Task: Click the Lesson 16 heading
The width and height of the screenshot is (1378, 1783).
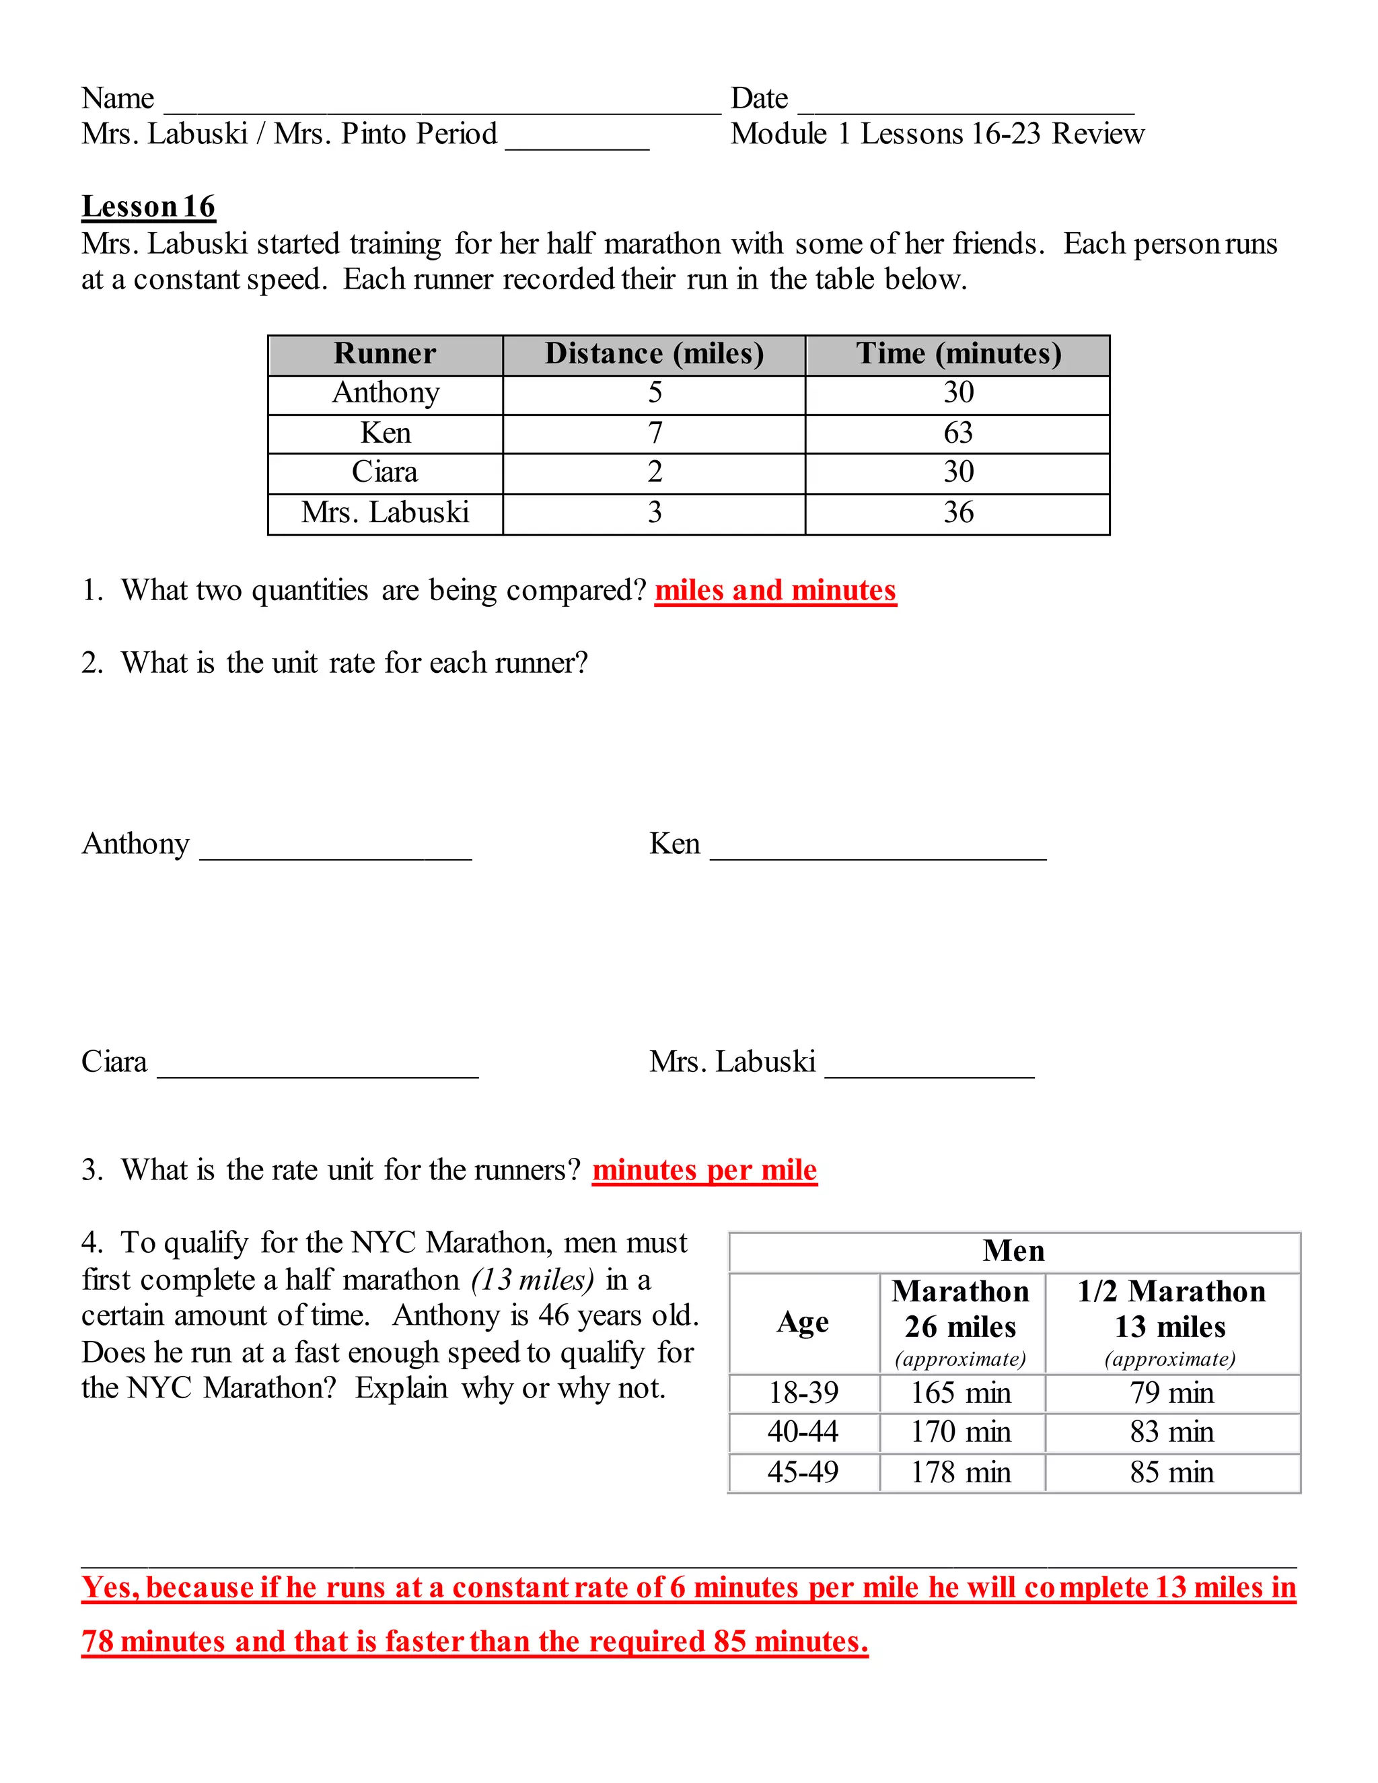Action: [x=148, y=207]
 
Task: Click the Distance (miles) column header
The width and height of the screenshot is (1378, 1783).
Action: [x=654, y=353]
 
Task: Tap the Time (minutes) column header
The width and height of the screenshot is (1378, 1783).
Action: [x=958, y=353]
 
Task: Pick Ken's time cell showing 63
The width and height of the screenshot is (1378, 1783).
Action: [x=958, y=433]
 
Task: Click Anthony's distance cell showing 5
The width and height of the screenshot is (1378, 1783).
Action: [x=655, y=393]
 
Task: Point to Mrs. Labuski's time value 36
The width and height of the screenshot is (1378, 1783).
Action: [x=958, y=513]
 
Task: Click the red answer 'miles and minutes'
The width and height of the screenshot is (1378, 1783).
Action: [x=776, y=590]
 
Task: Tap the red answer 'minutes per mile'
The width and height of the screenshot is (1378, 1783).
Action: [x=704, y=1170]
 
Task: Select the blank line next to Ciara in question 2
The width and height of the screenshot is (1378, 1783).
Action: [x=318, y=1068]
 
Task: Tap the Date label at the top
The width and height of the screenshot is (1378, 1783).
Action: [x=759, y=99]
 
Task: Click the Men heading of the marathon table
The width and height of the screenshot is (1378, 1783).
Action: [x=1013, y=1251]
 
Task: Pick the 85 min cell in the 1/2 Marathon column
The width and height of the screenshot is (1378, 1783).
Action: [x=1171, y=1472]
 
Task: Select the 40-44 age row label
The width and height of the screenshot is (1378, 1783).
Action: [x=803, y=1432]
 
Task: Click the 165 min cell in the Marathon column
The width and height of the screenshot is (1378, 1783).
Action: [x=961, y=1393]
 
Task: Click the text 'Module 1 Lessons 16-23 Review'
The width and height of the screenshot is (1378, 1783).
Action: [x=937, y=134]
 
